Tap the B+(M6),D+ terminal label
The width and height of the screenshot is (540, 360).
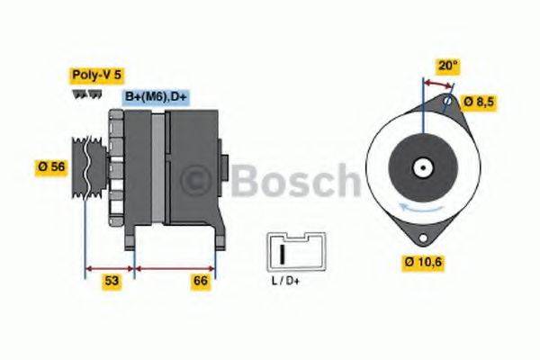[156, 97]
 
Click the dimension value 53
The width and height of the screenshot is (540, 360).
[111, 282]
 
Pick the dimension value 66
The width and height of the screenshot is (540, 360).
[201, 282]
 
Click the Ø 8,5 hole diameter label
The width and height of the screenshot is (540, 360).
[477, 101]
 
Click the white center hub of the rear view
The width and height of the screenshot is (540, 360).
[420, 166]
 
